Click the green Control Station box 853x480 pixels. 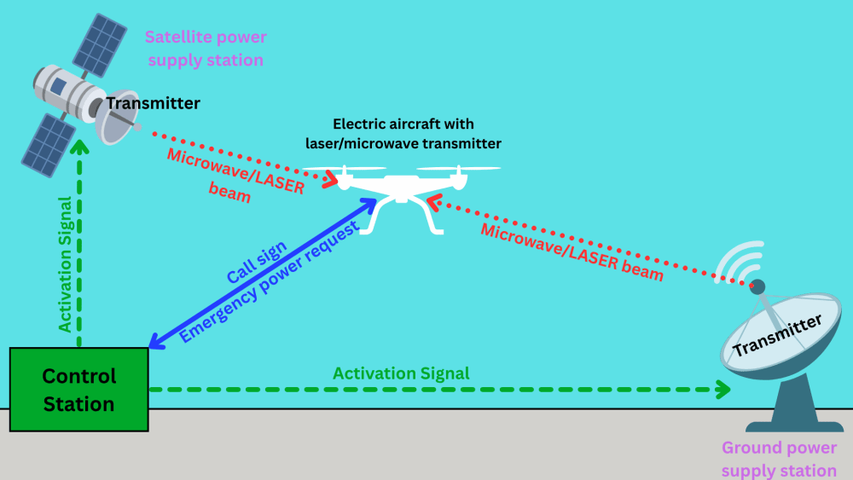point(78,390)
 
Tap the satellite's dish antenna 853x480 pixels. point(116,118)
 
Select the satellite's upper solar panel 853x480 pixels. point(100,45)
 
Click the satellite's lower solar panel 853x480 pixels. point(48,145)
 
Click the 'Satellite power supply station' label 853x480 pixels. point(206,49)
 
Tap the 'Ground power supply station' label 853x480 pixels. point(779,459)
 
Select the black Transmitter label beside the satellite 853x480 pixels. point(153,103)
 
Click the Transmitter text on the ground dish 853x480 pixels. point(777,335)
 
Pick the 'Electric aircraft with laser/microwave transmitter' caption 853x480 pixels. point(403,134)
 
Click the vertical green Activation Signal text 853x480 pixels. point(65,264)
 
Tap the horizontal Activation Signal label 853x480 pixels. point(401,373)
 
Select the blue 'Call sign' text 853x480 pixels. point(256,262)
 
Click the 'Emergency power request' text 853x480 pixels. point(270,281)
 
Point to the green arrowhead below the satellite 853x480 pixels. point(80,147)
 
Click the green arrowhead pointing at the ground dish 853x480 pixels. point(723,390)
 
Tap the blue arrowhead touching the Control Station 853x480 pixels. point(155,341)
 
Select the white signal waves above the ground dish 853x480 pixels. point(740,261)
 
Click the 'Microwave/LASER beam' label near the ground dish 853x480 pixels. point(572,252)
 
